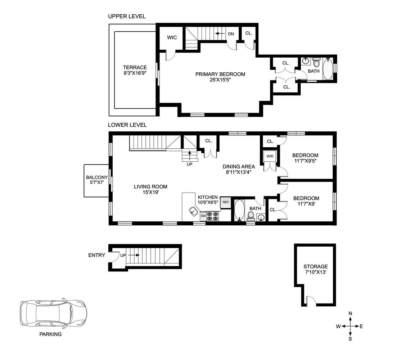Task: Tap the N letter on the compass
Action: coord(350,314)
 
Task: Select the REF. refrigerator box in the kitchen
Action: coord(226,202)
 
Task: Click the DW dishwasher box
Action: coord(203,216)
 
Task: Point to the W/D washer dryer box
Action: coord(270,156)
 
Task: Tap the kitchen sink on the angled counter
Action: coord(193,211)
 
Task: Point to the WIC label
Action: coord(172,38)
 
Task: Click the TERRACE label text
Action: coord(135,67)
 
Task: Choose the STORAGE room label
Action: coord(316,266)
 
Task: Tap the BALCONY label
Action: coord(97,177)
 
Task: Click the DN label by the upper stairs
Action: coord(231,34)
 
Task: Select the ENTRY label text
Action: coord(96,255)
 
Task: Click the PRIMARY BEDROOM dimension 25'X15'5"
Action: coord(220,80)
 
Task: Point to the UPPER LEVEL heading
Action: coord(127,17)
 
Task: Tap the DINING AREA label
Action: coord(239,166)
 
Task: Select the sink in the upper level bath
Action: coord(306,60)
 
